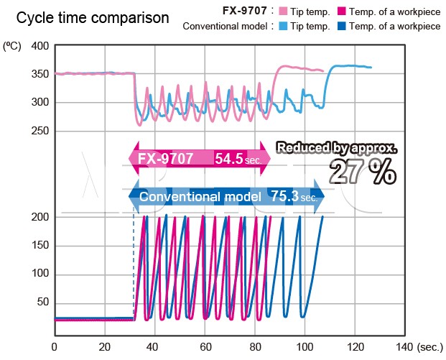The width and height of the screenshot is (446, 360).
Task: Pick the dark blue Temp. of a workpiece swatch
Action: click(x=352, y=27)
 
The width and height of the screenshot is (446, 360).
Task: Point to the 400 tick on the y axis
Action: click(x=40, y=46)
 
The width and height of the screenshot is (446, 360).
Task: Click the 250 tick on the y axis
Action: click(x=40, y=130)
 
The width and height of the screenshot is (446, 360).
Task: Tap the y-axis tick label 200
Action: click(x=40, y=217)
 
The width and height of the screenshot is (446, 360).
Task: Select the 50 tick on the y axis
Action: click(x=43, y=301)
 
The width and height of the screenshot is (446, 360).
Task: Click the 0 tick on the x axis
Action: click(x=55, y=346)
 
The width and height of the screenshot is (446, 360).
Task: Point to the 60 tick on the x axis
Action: click(x=205, y=346)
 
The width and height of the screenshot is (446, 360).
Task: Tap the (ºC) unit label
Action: click(x=12, y=46)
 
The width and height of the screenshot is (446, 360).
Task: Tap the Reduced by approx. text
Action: click(x=336, y=148)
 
